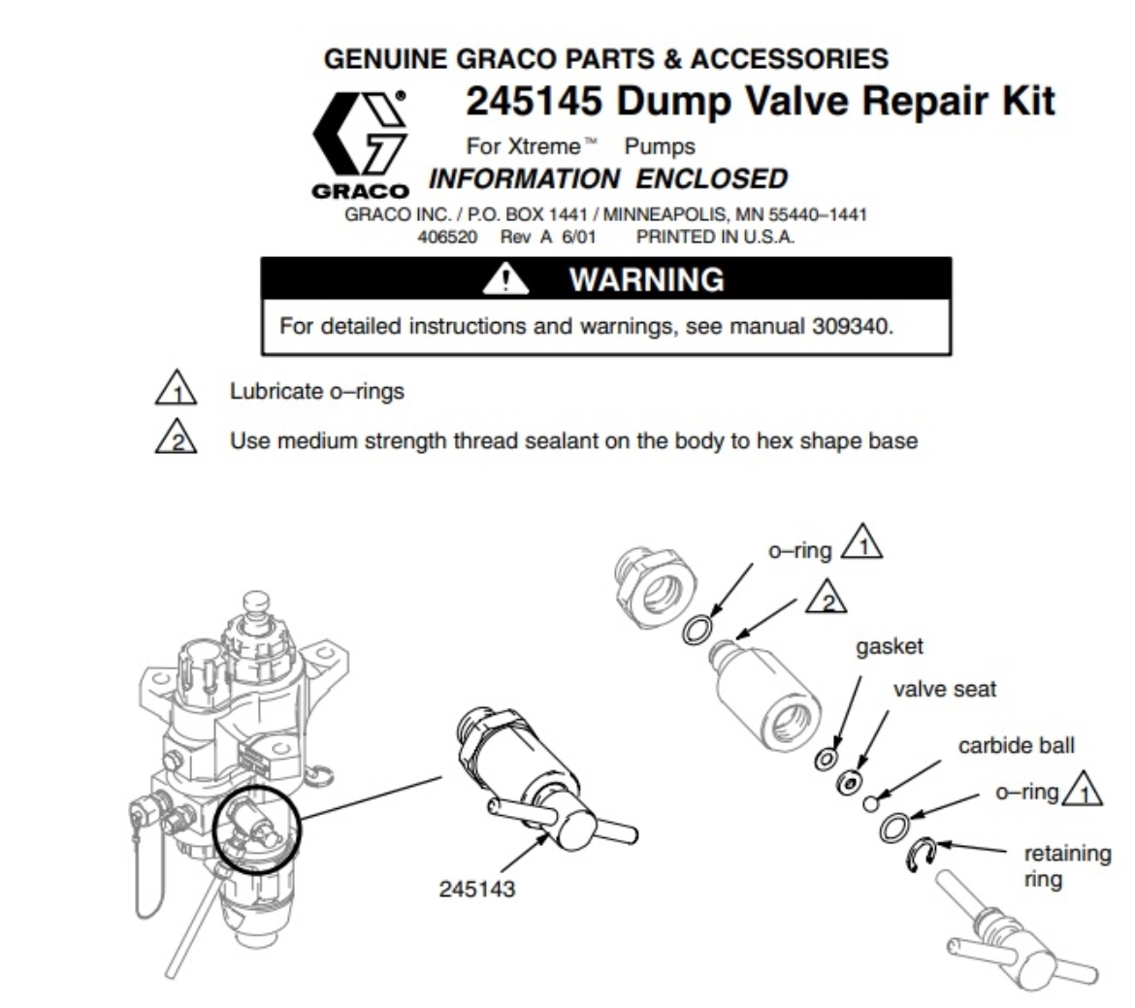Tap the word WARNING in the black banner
[x=646, y=280]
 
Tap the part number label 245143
[x=477, y=888]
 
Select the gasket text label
[x=889, y=646]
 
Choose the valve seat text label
[x=944, y=690]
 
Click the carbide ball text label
[x=1016, y=746]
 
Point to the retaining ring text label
[x=1067, y=866]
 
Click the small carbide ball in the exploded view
[x=872, y=802]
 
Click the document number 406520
[x=451, y=238]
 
